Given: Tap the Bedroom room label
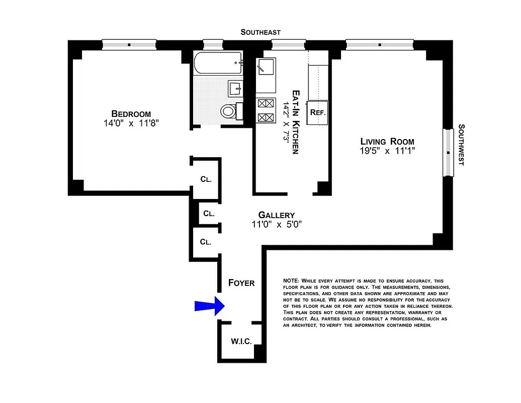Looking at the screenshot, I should (x=131, y=114).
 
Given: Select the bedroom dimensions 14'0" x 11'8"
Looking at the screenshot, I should (x=131, y=123).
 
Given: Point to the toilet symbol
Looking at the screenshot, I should (x=229, y=111).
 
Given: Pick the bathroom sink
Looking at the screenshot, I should (x=236, y=89).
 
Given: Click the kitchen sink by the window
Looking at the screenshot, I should (x=266, y=66).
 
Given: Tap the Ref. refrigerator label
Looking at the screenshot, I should (x=318, y=112).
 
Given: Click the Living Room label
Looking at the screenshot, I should (x=387, y=142).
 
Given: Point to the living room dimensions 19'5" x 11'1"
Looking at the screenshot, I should (x=387, y=151).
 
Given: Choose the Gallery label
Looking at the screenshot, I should (x=276, y=215).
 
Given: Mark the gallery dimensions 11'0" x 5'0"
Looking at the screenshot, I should (x=276, y=225).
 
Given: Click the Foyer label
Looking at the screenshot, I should (x=241, y=283).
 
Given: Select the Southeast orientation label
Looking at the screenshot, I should (x=260, y=32).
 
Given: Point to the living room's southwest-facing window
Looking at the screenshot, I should (x=448, y=153).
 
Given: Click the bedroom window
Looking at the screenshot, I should (x=129, y=45).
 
